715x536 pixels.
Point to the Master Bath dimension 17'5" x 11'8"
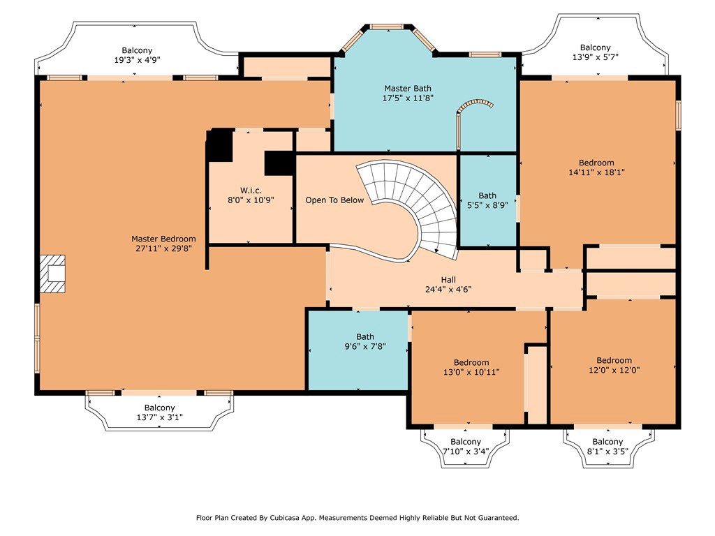408,98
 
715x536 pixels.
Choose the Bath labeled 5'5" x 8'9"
487,201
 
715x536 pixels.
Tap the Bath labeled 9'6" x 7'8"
365,341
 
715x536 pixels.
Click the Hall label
448,279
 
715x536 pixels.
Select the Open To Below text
334,200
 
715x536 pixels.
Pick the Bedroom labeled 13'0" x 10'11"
471,367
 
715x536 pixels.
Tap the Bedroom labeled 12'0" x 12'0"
614,365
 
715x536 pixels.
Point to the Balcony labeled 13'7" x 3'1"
159,412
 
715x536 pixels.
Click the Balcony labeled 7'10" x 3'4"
465,447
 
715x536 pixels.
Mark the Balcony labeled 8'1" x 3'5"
607,447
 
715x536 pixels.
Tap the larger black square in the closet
219,145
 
